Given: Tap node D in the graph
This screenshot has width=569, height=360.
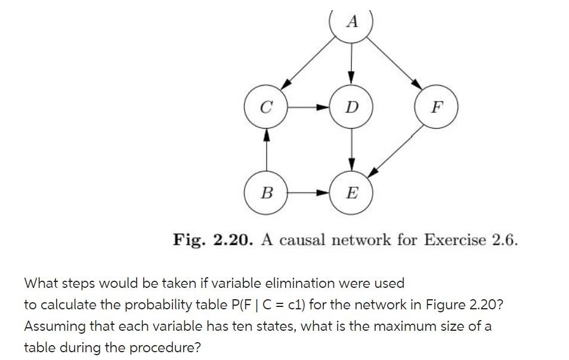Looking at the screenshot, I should pos(351,108).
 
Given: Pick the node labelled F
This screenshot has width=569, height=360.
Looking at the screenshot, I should pos(437,108).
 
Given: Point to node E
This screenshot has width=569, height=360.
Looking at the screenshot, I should pos(351,193).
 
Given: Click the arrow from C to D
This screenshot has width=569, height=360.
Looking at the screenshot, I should pos(309,108).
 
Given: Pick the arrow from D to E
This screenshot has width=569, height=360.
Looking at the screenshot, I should pos(351,150).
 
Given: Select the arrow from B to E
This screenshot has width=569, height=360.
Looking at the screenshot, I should pos(309,193).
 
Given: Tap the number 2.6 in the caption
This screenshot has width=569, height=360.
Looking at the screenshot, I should pos(505,240).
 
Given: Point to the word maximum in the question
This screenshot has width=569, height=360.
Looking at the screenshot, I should pos(370,326).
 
